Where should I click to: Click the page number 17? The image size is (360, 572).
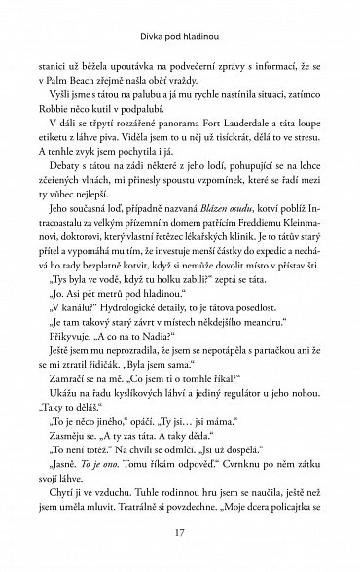179,532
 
